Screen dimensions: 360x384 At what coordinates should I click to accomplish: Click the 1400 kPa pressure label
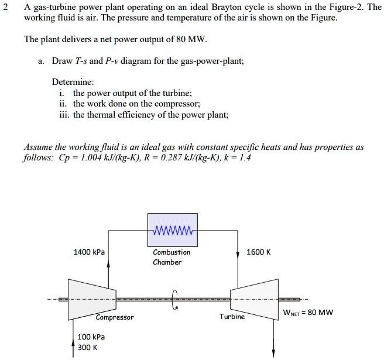[x=89, y=252]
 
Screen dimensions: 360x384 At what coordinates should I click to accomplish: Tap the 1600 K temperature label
[x=259, y=252]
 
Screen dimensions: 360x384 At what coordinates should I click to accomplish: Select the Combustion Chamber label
[x=172, y=257]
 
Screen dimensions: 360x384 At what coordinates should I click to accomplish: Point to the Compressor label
[x=115, y=317]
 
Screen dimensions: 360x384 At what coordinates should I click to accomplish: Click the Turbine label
[x=232, y=316]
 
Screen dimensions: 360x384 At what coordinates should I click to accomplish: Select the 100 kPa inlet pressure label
[x=91, y=337]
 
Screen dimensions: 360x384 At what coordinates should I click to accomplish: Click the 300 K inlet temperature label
[x=88, y=347]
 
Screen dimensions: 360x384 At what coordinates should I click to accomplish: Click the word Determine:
[x=73, y=82]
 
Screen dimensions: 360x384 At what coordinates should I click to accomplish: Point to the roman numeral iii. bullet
[x=63, y=115]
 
